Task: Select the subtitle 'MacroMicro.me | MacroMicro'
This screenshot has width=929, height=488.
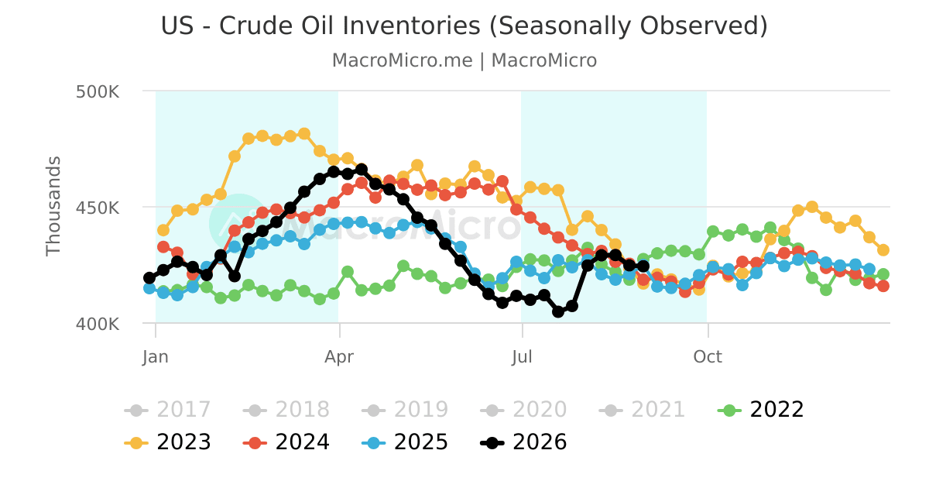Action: coord(464,60)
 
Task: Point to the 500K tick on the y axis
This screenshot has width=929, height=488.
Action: coord(98,91)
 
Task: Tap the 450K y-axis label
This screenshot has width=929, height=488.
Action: coord(98,208)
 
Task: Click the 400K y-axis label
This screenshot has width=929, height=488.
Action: coord(98,324)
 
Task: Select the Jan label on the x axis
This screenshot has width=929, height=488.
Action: coord(156,357)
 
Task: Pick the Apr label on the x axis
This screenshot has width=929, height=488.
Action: coord(339,357)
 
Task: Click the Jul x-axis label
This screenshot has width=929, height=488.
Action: coord(522,357)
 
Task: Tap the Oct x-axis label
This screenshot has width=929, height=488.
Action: coord(708,357)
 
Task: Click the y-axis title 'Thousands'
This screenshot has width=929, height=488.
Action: coord(53,206)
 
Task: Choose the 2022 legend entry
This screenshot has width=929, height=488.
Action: coord(760,410)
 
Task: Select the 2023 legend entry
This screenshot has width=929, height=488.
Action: coord(167,442)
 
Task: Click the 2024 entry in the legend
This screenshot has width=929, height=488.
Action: coord(286,442)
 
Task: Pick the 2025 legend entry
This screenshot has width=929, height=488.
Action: coord(405,442)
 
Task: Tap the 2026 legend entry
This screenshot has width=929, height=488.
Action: coord(523,442)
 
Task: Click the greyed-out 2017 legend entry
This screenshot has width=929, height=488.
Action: coord(167,410)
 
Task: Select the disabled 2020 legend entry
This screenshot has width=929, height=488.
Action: coord(523,410)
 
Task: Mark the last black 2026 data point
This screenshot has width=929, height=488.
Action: coord(643,266)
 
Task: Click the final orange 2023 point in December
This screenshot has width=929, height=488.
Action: coord(883,249)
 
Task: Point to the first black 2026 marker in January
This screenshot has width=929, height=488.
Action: coord(149,278)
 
